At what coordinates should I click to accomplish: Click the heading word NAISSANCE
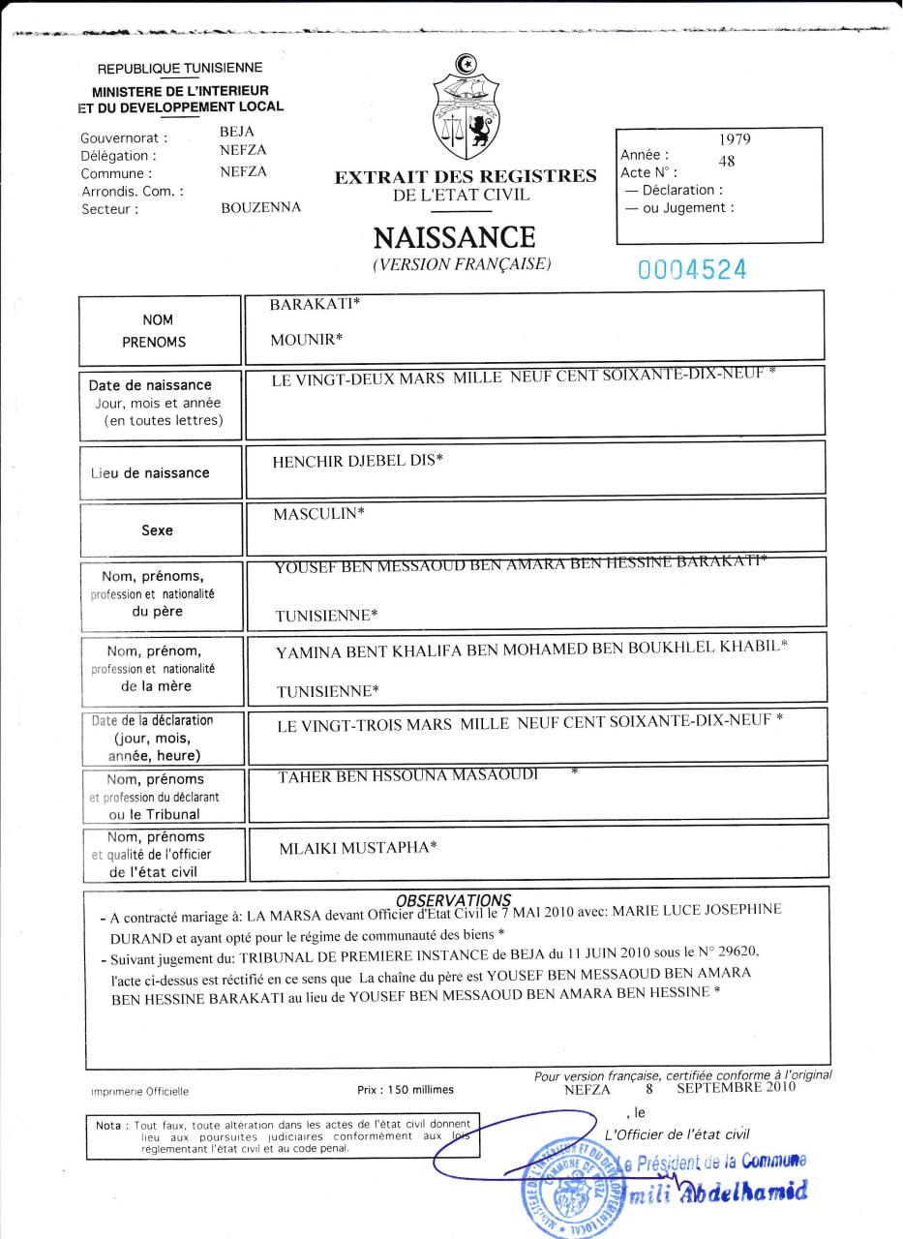point(454,237)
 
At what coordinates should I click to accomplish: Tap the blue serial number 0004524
point(692,270)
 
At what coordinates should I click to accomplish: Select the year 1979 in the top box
point(736,139)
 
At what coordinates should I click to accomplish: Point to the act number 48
point(727,162)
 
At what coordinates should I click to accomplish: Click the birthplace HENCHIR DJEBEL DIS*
point(359,460)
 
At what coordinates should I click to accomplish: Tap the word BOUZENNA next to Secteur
point(260,207)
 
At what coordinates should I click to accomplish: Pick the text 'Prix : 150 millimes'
point(406,1090)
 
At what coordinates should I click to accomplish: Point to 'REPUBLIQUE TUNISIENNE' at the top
point(180,68)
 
